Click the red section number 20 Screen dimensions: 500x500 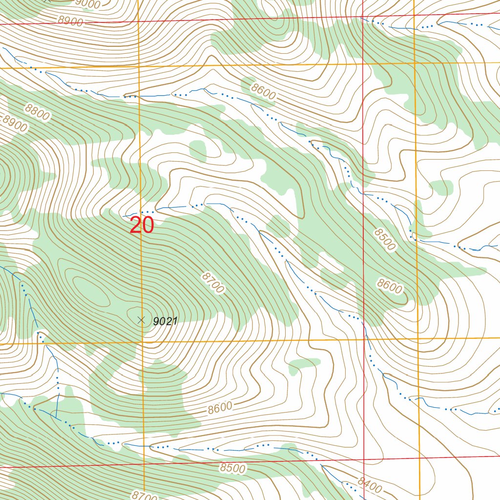point(142,226)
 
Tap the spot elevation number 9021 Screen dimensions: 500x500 point(165,321)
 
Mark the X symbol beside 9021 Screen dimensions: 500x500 point(142,320)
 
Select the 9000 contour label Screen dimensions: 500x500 point(88,4)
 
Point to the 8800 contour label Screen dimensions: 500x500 point(37,113)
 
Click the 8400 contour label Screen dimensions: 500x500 point(369,485)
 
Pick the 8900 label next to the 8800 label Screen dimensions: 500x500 point(15,123)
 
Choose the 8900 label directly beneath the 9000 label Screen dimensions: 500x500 point(70,21)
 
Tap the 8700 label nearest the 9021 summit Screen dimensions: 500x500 point(212,283)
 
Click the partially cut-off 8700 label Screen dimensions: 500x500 point(145,495)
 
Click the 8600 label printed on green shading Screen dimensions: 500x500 point(390,286)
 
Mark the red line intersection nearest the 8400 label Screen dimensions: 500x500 point(364,459)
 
